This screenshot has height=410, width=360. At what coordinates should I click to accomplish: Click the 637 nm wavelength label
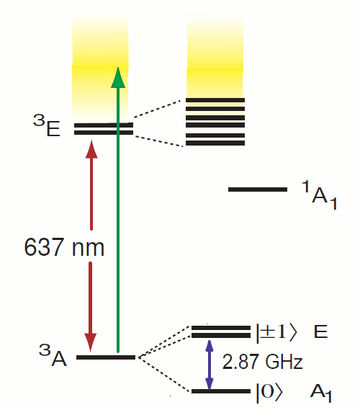64,247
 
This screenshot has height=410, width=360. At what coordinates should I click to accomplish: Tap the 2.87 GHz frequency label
262,362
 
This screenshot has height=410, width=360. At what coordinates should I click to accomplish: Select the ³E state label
47,126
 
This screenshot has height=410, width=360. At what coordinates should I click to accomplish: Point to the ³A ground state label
53,355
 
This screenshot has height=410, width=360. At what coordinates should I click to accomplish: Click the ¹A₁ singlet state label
319,195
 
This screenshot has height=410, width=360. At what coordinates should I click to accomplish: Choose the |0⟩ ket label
269,392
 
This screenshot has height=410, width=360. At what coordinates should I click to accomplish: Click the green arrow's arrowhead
118,77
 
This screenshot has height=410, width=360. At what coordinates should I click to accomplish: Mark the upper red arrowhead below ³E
91,149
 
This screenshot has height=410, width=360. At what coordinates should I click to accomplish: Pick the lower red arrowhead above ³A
91,342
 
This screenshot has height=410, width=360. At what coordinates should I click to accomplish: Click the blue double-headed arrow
209,365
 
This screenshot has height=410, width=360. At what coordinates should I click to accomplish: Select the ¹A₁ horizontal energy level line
258,190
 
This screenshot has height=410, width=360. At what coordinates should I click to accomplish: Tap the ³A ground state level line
106,357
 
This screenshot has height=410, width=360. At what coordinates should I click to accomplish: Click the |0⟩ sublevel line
221,391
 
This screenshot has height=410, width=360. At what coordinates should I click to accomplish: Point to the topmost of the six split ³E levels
215,100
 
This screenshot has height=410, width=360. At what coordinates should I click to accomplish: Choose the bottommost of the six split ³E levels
215,143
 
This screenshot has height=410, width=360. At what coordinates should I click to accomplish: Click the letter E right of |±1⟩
320,331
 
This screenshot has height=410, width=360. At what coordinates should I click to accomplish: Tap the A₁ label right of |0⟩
321,394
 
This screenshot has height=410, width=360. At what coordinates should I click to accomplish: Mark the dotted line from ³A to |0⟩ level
163,375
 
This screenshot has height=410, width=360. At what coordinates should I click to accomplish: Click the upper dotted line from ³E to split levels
158,109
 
